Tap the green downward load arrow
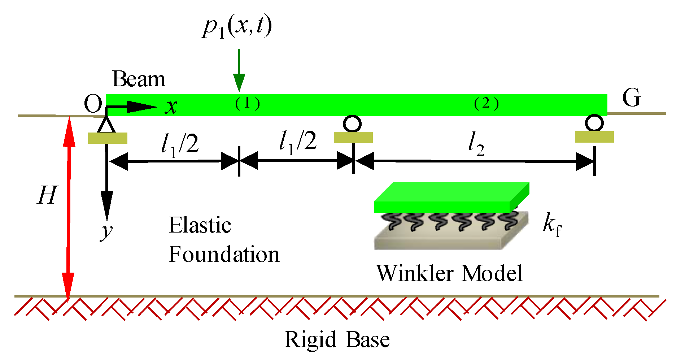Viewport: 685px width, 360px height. coord(239,70)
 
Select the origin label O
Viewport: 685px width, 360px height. coord(93,104)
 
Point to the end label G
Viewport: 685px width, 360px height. coord(632,97)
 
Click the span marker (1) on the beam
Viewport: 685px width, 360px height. coord(248,104)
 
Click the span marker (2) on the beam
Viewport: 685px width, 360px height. coord(487,104)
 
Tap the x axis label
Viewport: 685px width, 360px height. coord(171,107)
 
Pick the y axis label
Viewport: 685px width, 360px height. coord(106,231)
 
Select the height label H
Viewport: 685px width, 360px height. coord(47,195)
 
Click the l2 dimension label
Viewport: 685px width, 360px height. coord(476,144)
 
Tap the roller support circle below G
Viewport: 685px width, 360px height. coord(594,123)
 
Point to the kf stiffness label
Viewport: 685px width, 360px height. coord(553,226)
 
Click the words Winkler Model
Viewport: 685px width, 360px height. coord(450,273)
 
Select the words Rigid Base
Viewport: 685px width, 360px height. coord(337,339)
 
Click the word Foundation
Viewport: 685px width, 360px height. coord(224,254)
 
